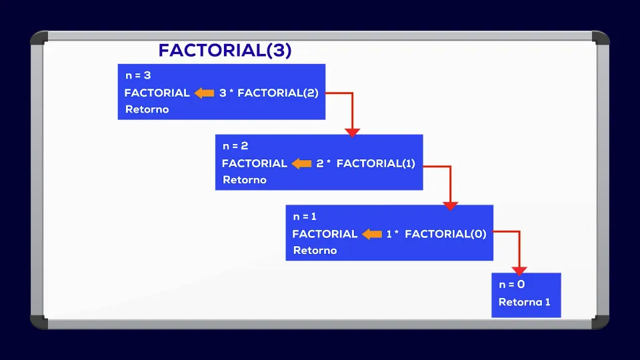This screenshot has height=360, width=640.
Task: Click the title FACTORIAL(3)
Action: point(225,51)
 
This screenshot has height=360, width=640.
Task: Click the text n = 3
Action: point(138,75)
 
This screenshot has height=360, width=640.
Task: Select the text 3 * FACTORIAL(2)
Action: point(269,93)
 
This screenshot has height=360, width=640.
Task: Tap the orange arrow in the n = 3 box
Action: point(204,93)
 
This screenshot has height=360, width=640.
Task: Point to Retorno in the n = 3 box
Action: point(147,109)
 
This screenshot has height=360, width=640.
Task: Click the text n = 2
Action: point(235,145)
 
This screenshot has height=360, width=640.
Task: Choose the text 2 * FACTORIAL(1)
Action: point(365,163)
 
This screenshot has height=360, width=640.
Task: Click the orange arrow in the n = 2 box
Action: point(301,163)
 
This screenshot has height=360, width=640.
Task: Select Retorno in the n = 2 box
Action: point(244,180)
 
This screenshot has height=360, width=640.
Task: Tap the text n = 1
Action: point(305,216)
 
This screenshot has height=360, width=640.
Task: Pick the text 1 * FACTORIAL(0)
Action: point(436,234)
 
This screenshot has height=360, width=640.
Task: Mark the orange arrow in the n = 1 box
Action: point(371,234)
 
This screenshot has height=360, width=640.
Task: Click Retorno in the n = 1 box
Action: point(315,251)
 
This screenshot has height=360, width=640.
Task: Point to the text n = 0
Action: point(512,285)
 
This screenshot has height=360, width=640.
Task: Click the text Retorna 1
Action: point(525,302)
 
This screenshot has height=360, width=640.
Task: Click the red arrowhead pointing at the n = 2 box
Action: point(353,132)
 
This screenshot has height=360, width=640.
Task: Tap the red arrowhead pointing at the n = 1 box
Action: point(451,205)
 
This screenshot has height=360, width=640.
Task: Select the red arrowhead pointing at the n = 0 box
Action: point(519,271)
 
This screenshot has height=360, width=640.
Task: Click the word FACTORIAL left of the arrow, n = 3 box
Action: point(157,93)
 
